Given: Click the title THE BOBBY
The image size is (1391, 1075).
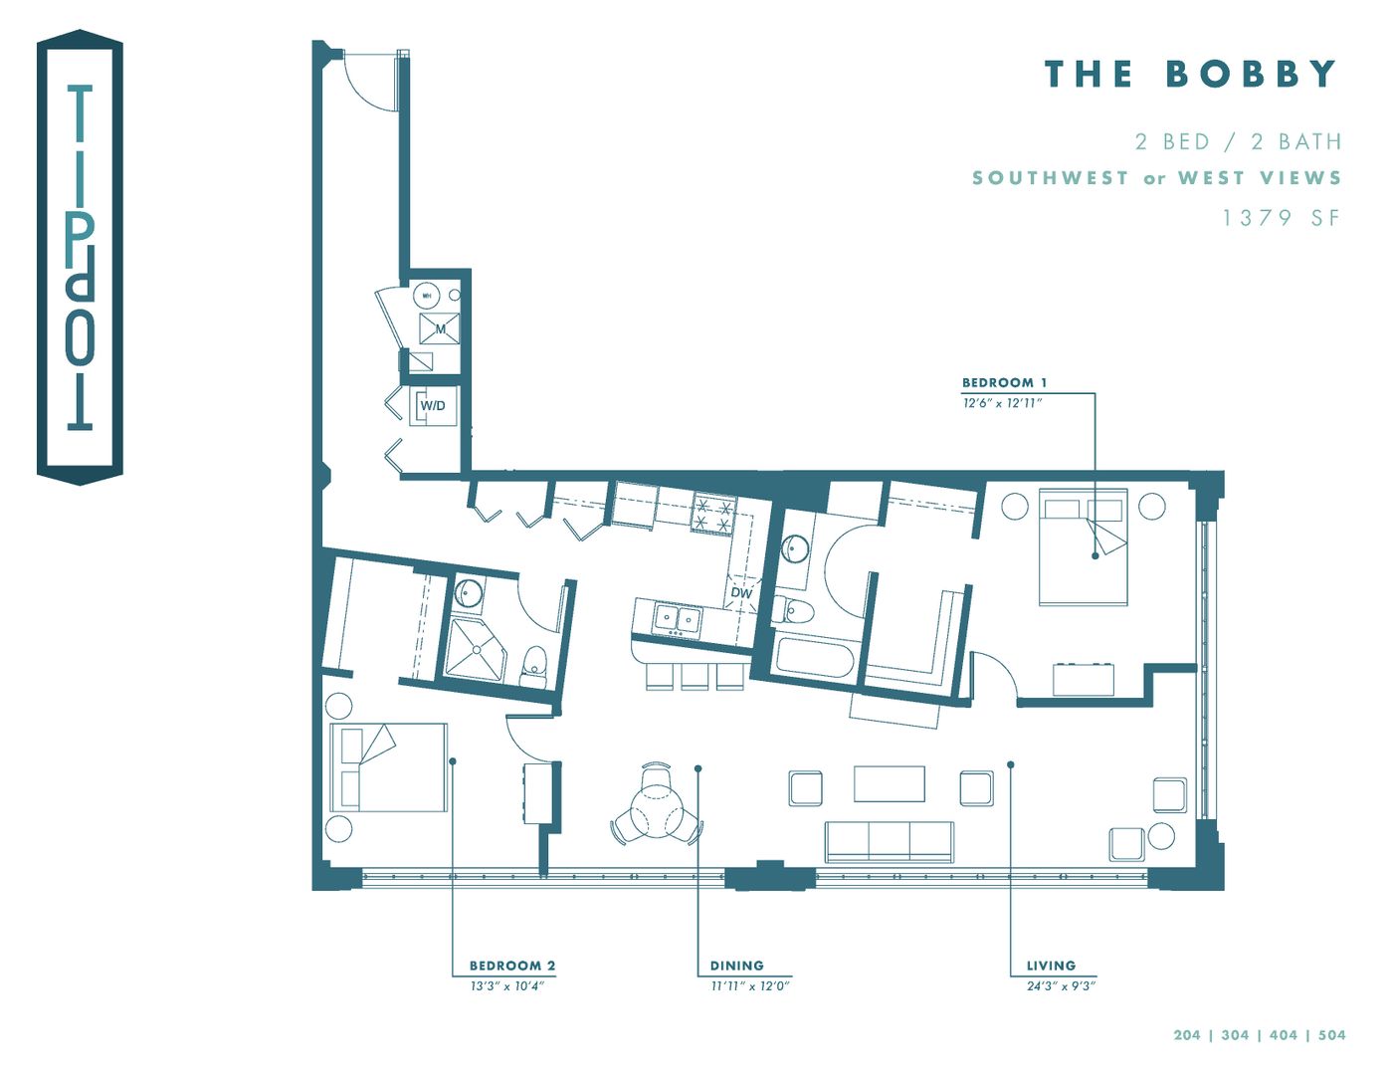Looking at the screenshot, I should tap(1190, 75).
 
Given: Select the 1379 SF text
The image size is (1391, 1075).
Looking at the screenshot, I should tap(1281, 218).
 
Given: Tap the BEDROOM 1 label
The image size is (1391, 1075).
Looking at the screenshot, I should tap(1004, 383).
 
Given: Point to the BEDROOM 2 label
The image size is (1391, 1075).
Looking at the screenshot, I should tap(512, 966).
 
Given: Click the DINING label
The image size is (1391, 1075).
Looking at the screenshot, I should tap(736, 966).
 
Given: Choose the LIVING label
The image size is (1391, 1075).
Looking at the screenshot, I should tap(1051, 966).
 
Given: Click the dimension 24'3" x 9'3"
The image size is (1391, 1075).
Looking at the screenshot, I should tap(1061, 986).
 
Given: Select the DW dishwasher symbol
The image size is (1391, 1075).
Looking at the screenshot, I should tap(741, 592).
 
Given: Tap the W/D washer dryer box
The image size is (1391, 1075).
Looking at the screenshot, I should tap(433, 406).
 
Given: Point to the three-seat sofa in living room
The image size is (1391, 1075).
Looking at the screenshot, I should tap(889, 841).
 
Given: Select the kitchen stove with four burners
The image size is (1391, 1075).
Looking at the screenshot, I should tap(714, 514).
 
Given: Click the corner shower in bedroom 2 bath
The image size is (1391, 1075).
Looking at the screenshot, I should tap(474, 649).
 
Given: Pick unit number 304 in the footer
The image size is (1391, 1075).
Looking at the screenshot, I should tap(1235, 1035).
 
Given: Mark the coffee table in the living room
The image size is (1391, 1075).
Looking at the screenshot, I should tap(889, 783).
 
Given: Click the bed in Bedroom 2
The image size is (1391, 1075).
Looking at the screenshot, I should tap(388, 766).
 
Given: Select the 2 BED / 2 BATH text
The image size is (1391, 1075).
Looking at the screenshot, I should tap(1238, 142).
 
